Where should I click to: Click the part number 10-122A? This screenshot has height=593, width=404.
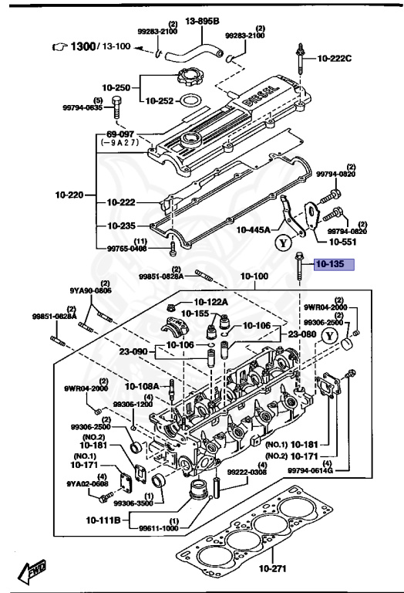pyautogui.click(x=210, y=302)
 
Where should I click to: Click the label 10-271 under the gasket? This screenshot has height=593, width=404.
pyautogui.click(x=272, y=569)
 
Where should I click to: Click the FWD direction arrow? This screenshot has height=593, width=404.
pyautogui.click(x=34, y=571)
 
